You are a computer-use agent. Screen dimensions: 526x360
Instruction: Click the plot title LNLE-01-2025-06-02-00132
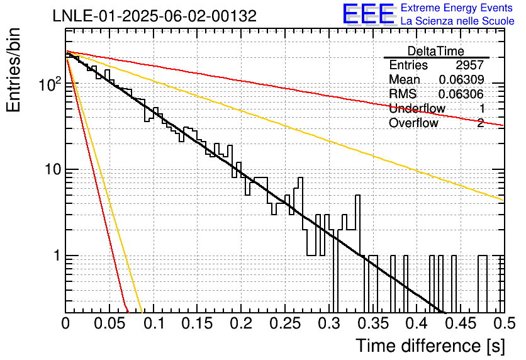coord(155,16)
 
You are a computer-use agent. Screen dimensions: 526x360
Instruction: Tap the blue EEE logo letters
coord(368,14)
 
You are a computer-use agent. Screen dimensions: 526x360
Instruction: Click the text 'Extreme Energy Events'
coord(457,8)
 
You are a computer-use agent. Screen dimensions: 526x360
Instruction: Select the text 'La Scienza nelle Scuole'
coord(457,21)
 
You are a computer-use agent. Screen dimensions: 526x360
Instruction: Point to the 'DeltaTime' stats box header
coord(436,51)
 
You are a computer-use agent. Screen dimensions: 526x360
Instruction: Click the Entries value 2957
coord(469,65)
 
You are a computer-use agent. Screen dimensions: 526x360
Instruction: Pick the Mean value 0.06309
coord(461,79)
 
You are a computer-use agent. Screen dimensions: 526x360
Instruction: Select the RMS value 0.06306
coord(461,94)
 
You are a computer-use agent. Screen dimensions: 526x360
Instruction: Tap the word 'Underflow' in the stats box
coord(417,108)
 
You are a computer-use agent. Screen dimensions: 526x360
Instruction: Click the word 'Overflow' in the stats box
coord(413,123)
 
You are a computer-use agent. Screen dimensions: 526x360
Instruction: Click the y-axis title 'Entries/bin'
coord(13,70)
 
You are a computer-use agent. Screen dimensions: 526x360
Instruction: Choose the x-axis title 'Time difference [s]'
coord(430,346)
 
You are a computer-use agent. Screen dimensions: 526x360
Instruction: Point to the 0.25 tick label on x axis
coord(285,323)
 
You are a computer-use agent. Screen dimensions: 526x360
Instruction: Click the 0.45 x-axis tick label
coord(461,323)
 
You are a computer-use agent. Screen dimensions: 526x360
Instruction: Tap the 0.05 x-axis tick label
coord(109,323)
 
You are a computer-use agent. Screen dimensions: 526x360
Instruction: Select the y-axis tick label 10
coord(53,169)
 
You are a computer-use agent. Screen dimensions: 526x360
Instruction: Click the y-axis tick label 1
coord(57,256)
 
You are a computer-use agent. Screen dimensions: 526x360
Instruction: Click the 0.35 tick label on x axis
coord(373,323)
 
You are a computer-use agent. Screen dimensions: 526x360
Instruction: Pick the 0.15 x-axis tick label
coord(197,323)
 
